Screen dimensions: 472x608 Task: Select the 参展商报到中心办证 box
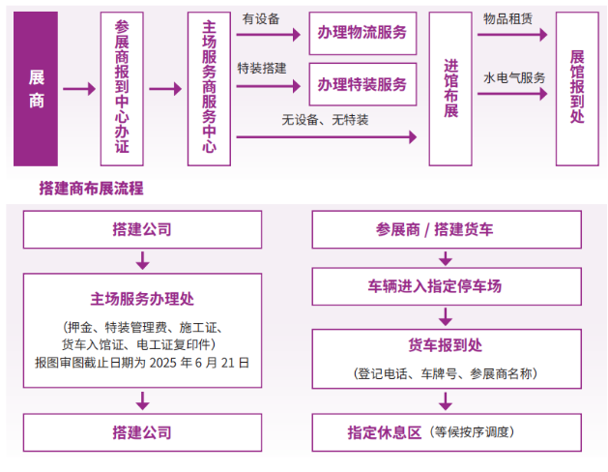coord(121,89)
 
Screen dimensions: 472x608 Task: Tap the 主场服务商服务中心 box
coord(209,89)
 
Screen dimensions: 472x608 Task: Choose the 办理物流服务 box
coord(362,33)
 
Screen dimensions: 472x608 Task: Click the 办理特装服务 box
coord(362,84)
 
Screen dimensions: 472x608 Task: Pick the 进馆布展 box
coord(451,89)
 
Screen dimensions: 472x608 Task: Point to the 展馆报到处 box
coord(577,89)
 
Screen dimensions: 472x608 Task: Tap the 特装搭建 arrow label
coord(261,69)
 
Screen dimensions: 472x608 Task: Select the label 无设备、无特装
coord(325,120)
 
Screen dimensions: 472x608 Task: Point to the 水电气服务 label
coord(514,77)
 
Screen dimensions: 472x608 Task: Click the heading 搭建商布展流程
coord(91,188)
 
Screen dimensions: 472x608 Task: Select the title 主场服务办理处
coord(142,300)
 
